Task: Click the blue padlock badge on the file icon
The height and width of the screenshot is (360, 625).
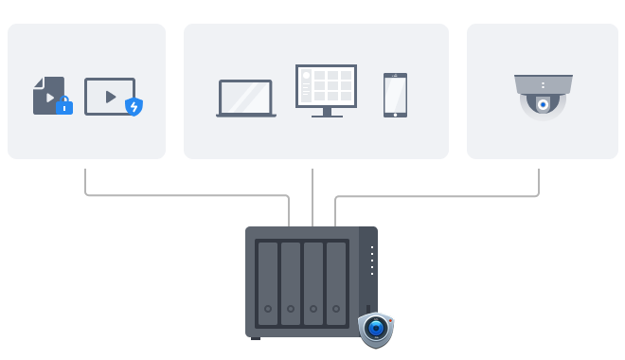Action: coord(64,106)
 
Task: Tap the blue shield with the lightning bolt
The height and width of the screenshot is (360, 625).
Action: coord(134,106)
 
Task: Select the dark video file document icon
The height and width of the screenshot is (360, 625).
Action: coord(47,95)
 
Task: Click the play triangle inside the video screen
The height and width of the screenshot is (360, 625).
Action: coord(110,96)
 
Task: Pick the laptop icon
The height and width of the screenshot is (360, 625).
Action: coord(245,98)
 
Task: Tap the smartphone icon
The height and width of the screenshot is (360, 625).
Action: coord(395,95)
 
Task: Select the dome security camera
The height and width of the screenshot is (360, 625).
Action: coord(543,98)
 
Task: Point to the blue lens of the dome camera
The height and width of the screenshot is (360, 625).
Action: coord(543,105)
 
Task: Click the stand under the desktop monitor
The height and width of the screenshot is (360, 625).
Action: coord(326,113)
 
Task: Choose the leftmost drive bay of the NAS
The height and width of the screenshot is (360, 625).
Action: coord(268,281)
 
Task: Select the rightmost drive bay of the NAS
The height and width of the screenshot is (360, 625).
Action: coord(337,281)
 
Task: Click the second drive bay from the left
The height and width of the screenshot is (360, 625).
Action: coord(291,281)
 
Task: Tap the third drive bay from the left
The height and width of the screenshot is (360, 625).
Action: coord(313,281)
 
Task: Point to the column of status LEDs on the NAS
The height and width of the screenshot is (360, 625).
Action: coord(372,261)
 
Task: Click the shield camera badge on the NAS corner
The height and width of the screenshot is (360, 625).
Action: coord(376,329)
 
